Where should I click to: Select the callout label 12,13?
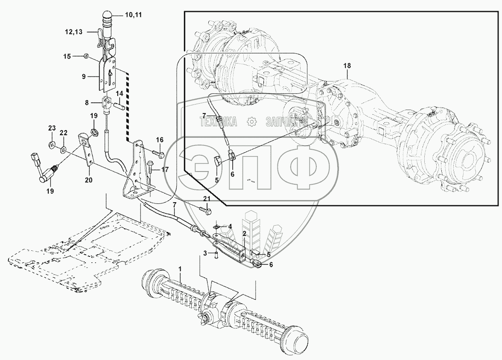click(x=73, y=32)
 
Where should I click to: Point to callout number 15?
click(x=67, y=56)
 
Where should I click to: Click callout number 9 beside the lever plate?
click(x=84, y=76)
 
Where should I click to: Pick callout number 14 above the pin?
click(x=120, y=93)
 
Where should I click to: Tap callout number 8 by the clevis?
click(x=87, y=103)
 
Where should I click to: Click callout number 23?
click(x=52, y=128)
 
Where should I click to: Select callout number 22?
click(x=64, y=133)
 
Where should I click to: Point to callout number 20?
click(x=89, y=180)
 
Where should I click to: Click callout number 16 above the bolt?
click(x=160, y=139)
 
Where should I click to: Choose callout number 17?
click(x=165, y=169)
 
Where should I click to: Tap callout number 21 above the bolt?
click(x=207, y=199)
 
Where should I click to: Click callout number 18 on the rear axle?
click(x=347, y=66)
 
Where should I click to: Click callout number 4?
click(x=230, y=226)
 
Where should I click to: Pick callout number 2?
click(x=244, y=234)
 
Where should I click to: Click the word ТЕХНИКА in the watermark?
click(x=219, y=122)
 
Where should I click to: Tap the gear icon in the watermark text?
click(x=252, y=122)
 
